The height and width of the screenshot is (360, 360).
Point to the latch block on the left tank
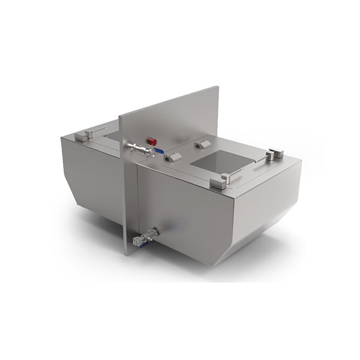(86, 135)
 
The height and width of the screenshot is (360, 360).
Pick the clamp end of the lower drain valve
(135, 243)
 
